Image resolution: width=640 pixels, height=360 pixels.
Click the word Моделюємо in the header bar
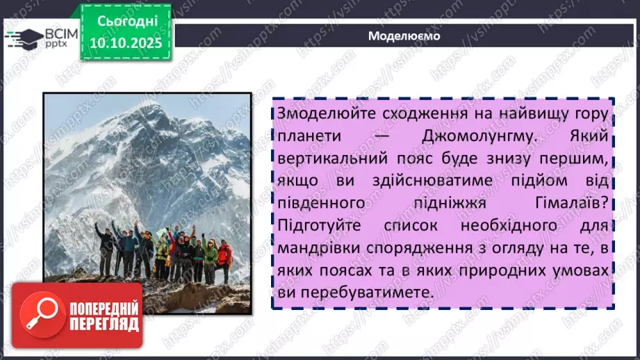coord(403,35)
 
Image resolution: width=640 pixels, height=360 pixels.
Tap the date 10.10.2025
coord(124,41)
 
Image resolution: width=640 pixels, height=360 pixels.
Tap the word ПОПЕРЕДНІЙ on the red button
coord(103,306)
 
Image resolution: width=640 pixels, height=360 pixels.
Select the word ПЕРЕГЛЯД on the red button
coord(103,323)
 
